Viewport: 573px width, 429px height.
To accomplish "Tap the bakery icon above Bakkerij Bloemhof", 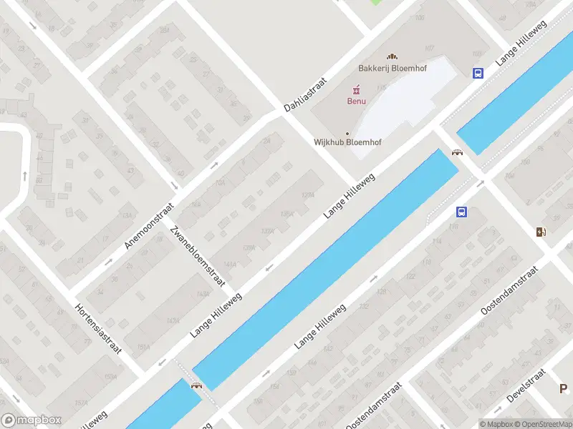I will coord(391,56).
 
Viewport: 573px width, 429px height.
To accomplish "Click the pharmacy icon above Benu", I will coord(354,89).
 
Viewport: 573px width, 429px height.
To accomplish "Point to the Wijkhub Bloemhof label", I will coord(347,142).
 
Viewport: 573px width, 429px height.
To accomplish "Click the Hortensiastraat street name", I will coord(98,328).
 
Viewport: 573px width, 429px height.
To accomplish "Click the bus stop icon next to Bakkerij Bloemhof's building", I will coord(478,73).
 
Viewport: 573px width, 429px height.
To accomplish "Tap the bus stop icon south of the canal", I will coord(462,212).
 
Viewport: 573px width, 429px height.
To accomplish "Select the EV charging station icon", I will coord(541,231).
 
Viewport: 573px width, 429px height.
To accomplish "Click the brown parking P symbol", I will coord(564,388).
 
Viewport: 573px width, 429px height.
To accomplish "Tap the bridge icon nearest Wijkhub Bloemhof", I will coord(457,151).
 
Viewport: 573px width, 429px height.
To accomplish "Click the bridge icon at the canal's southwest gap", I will coord(196,385).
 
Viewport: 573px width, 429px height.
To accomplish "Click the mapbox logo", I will coord(32,420).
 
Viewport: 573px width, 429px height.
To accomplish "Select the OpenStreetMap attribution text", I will coord(542,424).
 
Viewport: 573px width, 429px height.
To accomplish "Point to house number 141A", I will coord(230,264).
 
